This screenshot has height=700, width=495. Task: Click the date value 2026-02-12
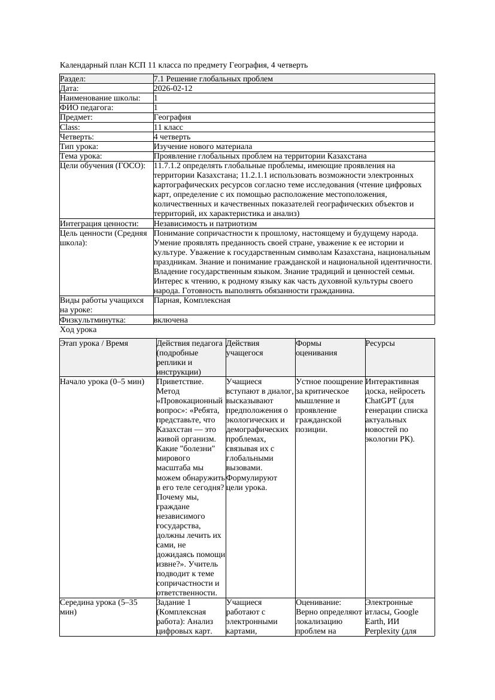[173, 89]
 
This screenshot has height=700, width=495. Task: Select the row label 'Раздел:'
[73, 79]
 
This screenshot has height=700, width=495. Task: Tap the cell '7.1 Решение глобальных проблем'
[213, 79]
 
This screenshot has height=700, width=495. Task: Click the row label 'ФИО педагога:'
[87, 108]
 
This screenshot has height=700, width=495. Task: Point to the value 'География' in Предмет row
[172, 117]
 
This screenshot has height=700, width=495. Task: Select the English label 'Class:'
[70, 127]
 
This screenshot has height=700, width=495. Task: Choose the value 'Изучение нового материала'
[203, 146]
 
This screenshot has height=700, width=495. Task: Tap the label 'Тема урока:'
[81, 156]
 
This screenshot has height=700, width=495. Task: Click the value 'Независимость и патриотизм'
[201, 223]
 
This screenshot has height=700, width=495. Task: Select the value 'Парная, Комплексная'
[192, 300]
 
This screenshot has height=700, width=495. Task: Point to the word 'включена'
[171, 320]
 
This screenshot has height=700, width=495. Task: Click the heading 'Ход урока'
[78, 330]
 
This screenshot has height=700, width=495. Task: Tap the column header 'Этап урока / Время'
[94, 343]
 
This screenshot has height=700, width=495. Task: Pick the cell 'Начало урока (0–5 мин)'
[102, 382]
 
